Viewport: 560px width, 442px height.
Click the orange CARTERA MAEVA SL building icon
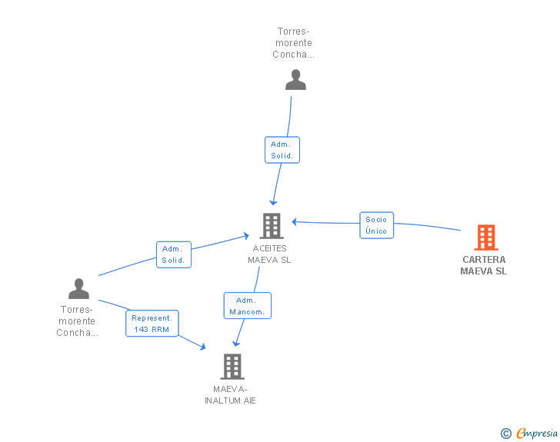point(486,238)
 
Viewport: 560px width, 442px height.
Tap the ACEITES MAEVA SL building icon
point(272,226)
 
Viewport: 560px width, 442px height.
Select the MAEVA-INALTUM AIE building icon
point(232,367)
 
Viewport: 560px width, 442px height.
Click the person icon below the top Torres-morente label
point(295,80)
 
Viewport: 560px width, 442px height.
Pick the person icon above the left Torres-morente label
point(79,288)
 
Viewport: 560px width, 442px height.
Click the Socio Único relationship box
point(376,225)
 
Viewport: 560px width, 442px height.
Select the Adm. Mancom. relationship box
point(247,306)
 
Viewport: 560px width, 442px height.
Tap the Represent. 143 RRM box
point(152,323)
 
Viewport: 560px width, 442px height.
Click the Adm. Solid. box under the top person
point(282,150)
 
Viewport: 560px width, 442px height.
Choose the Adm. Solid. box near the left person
point(174,254)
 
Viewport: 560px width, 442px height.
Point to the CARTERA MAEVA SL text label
point(484,265)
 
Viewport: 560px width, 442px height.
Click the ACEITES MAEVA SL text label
point(270,254)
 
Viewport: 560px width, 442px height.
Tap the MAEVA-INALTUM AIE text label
point(230,394)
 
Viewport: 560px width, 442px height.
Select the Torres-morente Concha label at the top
point(294,43)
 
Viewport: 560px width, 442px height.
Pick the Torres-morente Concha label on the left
point(77,321)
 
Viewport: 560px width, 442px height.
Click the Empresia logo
point(537,433)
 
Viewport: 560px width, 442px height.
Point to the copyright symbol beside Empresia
point(505,434)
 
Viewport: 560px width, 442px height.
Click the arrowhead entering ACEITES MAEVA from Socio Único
point(295,221)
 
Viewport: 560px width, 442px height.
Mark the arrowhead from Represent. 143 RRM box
point(203,347)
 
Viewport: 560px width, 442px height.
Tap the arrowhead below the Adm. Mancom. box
point(235,344)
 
